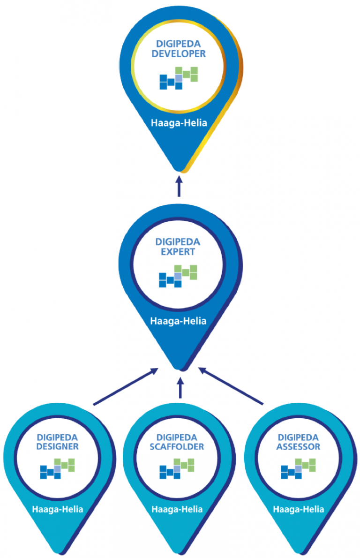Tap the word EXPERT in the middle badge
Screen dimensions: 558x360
178,252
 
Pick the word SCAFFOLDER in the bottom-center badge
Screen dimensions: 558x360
177,446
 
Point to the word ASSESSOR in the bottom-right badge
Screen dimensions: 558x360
298,446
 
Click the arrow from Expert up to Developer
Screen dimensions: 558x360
179,186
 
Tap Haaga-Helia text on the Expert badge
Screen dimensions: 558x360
178,321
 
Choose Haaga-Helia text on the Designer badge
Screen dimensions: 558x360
57,509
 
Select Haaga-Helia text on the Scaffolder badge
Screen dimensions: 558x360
178,509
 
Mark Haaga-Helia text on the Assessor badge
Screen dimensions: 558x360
298,509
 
